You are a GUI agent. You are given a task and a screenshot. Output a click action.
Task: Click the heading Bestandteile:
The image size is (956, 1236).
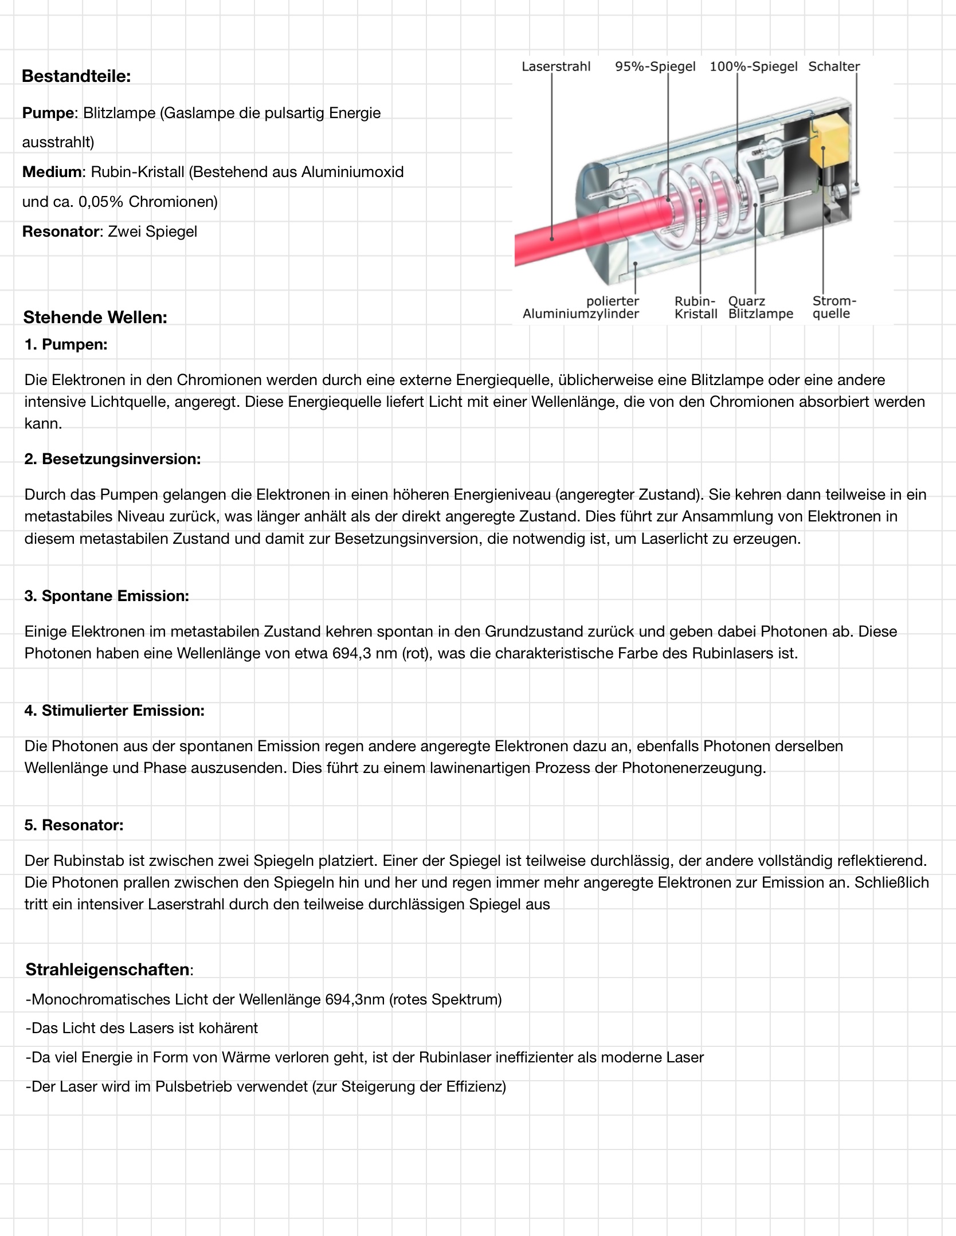[x=76, y=76]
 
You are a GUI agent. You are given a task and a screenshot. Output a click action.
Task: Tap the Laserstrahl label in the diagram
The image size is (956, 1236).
[x=555, y=66]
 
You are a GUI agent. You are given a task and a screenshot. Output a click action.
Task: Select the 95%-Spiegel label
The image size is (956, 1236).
[x=655, y=66]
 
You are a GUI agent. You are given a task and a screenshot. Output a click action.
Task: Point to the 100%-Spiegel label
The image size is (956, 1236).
[x=753, y=66]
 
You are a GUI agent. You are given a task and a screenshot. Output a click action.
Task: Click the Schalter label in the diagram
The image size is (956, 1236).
[x=834, y=66]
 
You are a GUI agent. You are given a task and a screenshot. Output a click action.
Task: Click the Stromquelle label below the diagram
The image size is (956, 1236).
[x=834, y=307]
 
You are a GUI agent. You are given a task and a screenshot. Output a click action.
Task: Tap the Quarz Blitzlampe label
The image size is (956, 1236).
[x=761, y=307]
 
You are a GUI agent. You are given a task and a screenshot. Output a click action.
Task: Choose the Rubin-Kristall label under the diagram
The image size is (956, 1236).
[x=696, y=307]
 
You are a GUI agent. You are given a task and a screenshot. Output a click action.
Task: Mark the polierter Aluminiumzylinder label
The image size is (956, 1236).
[x=581, y=307]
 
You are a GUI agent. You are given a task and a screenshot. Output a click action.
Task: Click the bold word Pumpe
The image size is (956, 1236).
[x=48, y=113]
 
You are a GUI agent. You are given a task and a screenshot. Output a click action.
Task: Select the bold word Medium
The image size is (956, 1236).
[x=52, y=172]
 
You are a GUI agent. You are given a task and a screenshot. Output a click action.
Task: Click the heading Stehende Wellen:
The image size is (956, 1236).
[x=95, y=317]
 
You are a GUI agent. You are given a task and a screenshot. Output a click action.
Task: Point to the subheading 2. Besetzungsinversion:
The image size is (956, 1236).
[x=112, y=459]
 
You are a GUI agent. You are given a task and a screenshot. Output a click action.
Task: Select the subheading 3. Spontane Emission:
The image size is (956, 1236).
[x=107, y=596]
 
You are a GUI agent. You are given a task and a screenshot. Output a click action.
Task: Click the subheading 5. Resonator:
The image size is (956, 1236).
[x=74, y=825]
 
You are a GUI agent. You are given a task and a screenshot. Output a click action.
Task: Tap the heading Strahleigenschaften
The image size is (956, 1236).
[x=108, y=970]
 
